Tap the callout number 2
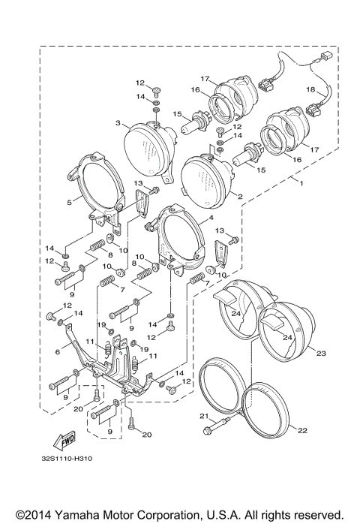240,197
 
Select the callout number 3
118,122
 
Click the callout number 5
69,202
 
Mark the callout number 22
301,429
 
